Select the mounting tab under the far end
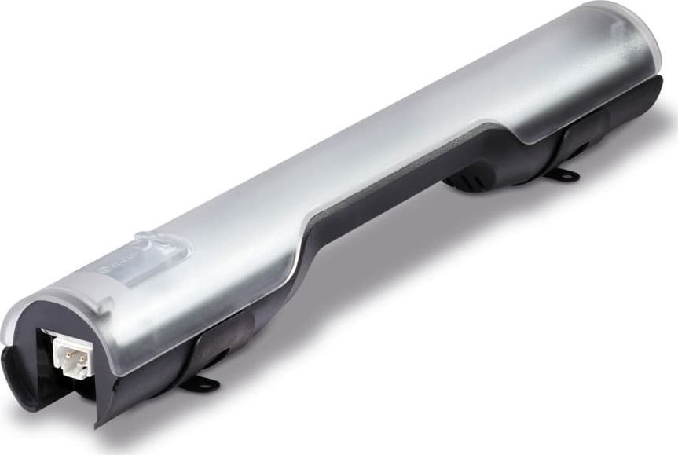click(563, 174)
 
